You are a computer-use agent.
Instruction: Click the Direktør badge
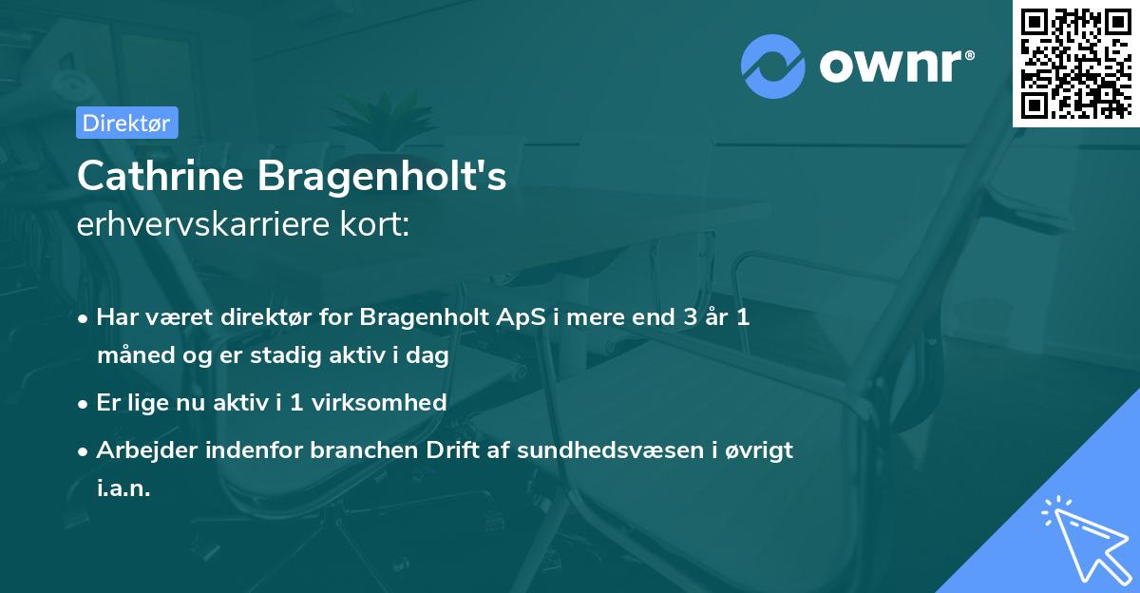[x=125, y=123]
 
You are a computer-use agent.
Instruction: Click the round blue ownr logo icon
[x=773, y=66]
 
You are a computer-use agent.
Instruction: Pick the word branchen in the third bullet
[x=353, y=450]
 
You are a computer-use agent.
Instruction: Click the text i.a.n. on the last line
[x=123, y=488]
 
